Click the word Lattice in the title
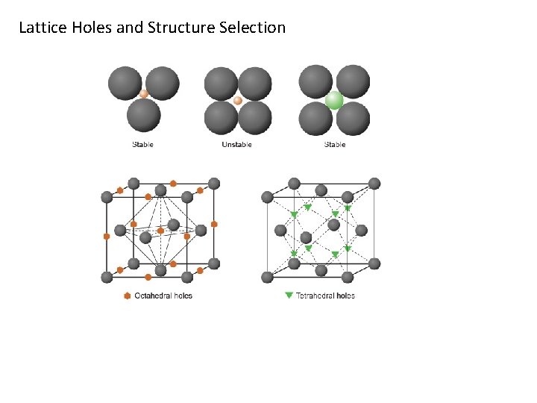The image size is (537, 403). coord(43,28)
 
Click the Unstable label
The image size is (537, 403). coord(236,145)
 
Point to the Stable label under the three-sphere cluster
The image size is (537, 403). coord(142,145)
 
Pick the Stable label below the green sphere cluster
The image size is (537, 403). coord(335,145)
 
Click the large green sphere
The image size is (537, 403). coord(334,100)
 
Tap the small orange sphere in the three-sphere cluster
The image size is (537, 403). coord(144,95)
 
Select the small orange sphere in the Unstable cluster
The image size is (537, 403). coord(238,100)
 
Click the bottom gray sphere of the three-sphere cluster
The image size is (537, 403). coord(144,116)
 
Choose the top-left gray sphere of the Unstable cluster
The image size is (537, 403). coord(221,83)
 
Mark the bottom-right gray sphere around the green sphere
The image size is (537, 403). coord(353,118)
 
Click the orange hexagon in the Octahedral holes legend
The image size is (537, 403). coord(126,296)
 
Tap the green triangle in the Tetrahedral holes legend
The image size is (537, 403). coord(289,296)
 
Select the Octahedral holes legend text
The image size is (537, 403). coord(163,296)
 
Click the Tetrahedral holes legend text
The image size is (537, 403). coord(325,296)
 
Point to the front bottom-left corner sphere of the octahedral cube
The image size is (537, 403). coord(107,277)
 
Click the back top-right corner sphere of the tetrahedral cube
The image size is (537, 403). coord(374,184)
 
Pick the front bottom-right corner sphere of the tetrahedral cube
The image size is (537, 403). coord(348,277)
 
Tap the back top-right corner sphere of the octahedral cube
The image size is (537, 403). coord(214,184)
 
